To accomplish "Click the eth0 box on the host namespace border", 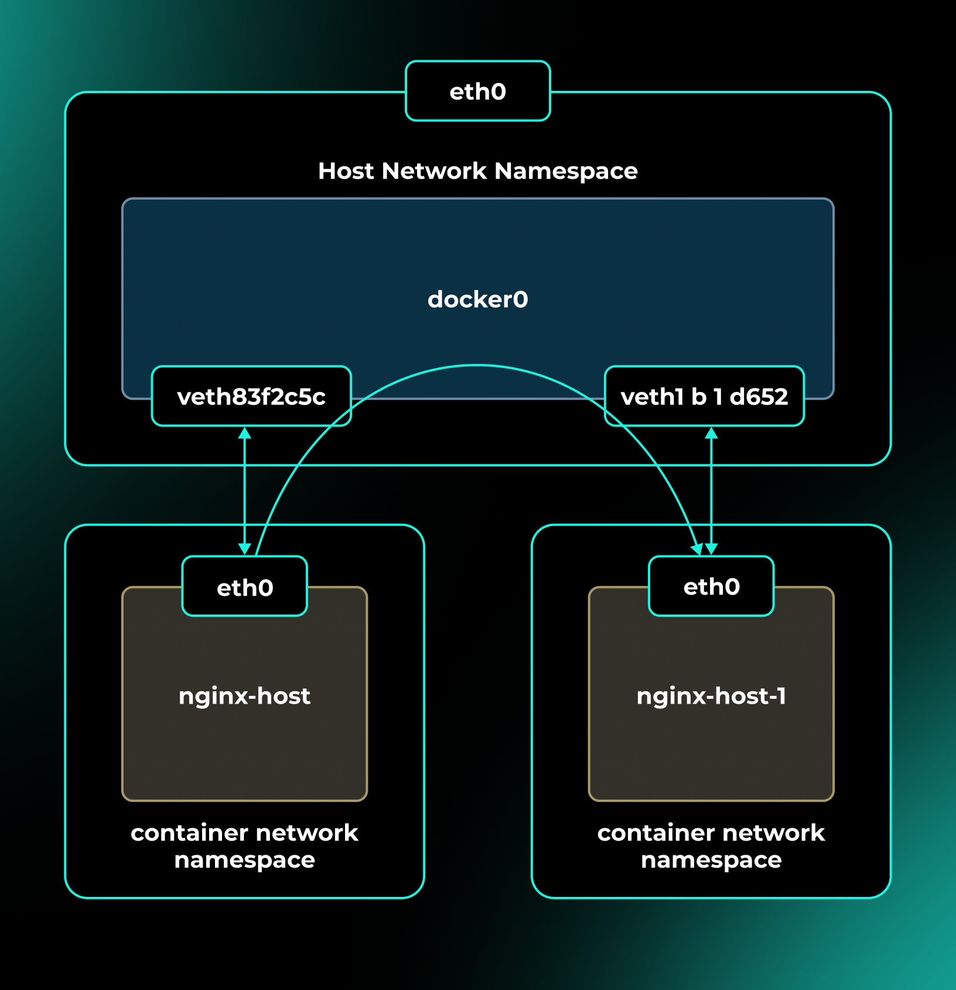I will pos(477,91).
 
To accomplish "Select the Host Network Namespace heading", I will pos(477,171).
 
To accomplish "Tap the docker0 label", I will pos(477,299).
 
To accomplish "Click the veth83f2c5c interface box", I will pos(251,397).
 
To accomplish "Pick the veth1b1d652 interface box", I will pos(704,397).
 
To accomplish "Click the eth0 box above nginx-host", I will pos(245,587).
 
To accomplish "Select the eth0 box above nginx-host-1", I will pos(711,586).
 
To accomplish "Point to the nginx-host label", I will pos(244,696).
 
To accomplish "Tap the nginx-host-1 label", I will pos(711,696).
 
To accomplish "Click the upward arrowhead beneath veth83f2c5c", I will pos(245,433).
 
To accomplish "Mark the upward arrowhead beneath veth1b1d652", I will pos(711,433).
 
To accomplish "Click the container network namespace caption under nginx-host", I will pos(244,846).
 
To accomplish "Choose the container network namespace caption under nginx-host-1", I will pos(711,846).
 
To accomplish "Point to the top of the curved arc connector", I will pos(477,366).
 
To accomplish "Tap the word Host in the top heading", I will pos(346,171).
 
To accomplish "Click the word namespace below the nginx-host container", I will pos(244,860).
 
